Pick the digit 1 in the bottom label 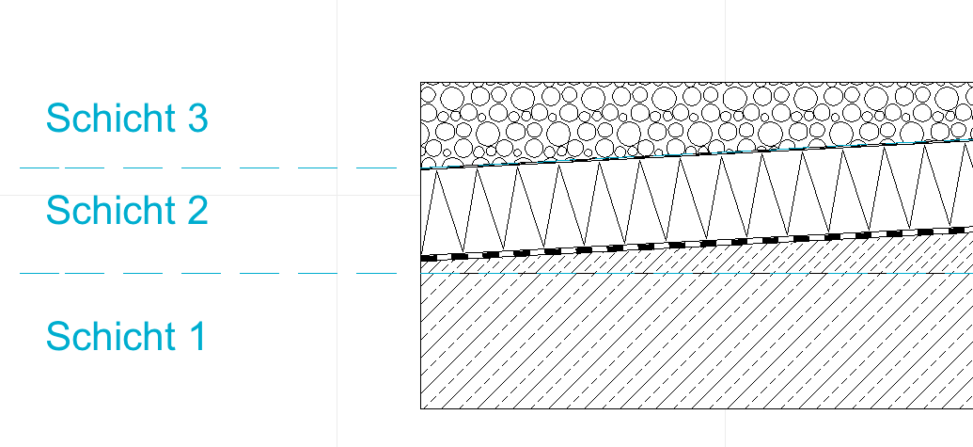point(197,336)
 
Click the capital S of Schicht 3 point(57,118)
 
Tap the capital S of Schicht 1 point(57,336)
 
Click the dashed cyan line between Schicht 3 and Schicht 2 point(208,168)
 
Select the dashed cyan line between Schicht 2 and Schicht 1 point(208,273)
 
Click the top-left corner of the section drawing point(421,82)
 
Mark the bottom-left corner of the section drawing point(421,409)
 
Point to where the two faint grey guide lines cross point(337,195)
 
